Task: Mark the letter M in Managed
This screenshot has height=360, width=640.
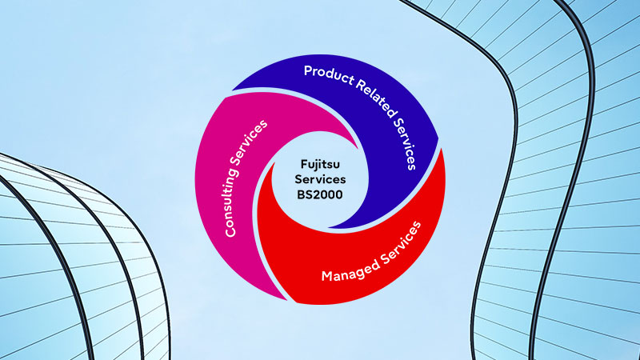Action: [326, 278]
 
